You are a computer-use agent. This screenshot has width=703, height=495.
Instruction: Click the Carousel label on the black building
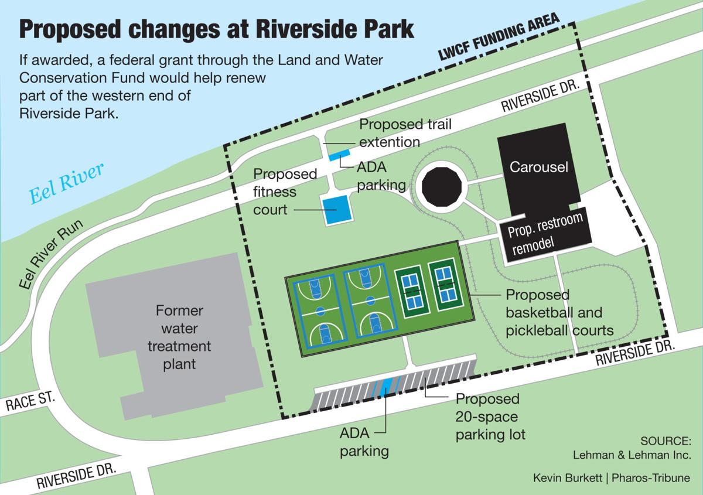click(539, 167)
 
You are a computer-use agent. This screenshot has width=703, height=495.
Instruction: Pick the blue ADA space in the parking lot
click(385, 388)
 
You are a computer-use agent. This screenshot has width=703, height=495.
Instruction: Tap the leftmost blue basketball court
click(320, 307)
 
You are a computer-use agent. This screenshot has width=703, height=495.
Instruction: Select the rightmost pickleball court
click(445, 286)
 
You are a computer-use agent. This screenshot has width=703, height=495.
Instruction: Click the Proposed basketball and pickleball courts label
click(559, 313)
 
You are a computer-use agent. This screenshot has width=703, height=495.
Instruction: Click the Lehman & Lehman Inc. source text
click(632, 454)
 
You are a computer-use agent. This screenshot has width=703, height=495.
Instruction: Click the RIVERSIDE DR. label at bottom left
click(77, 474)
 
